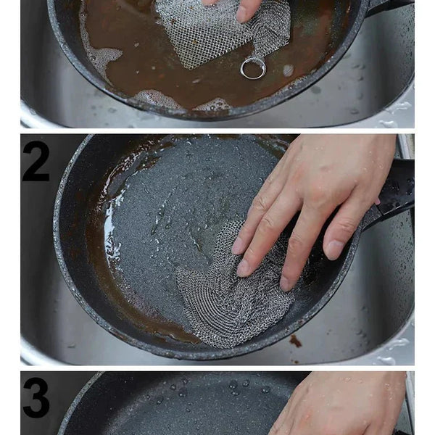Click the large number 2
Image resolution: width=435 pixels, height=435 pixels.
tap(36, 161)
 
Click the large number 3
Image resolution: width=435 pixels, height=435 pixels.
tap(36, 397)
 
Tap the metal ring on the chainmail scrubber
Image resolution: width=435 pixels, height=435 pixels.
tap(253, 68)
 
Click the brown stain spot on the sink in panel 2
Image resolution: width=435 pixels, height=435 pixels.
tap(296, 341)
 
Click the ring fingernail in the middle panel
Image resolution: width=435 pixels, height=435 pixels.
tap(285, 283)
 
